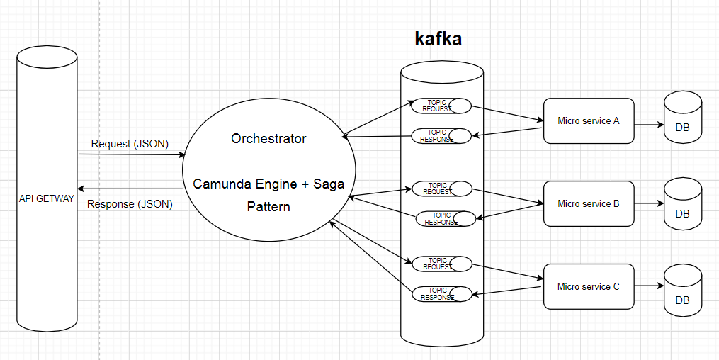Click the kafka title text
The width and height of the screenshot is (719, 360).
[x=438, y=39]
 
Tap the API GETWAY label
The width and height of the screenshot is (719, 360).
[x=46, y=199]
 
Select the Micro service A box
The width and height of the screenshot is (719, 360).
[x=589, y=121]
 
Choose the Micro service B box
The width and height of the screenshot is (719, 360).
[x=589, y=204]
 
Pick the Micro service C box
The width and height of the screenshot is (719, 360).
[x=589, y=287]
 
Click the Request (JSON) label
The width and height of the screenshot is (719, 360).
[x=130, y=144]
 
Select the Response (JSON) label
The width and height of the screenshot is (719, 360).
[x=130, y=205]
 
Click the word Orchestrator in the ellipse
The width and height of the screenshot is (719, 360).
[x=269, y=139]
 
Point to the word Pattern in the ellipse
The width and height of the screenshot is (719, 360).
[x=269, y=208]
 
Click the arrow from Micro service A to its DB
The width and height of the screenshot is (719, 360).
[x=648, y=125]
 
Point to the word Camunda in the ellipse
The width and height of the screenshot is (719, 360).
[x=220, y=184]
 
